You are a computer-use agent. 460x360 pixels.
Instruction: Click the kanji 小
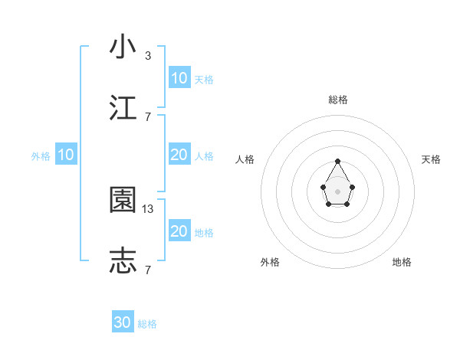click(x=123, y=47)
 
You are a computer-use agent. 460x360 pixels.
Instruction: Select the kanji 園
click(x=123, y=200)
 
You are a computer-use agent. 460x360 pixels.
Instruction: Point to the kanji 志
click(x=123, y=261)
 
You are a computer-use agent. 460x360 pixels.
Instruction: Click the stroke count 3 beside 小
click(x=148, y=55)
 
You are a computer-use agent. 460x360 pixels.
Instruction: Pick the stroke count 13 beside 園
click(x=149, y=208)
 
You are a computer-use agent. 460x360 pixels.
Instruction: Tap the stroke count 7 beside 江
click(x=148, y=116)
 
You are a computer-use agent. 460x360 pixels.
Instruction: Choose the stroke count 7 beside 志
click(x=148, y=270)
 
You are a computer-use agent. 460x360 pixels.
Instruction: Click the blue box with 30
click(x=123, y=322)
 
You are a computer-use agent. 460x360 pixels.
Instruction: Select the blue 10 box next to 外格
click(x=66, y=155)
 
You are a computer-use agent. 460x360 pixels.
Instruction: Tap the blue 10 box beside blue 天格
click(x=179, y=78)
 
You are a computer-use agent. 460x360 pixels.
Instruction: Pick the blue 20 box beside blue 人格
click(x=179, y=155)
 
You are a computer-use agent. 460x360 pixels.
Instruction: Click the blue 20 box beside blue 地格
click(x=179, y=231)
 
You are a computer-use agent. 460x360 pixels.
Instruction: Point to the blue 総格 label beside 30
click(x=147, y=324)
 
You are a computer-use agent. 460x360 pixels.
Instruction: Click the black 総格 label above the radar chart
click(x=337, y=100)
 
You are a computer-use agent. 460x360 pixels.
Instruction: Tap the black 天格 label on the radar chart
click(x=431, y=159)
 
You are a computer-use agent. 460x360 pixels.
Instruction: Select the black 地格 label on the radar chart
click(x=402, y=262)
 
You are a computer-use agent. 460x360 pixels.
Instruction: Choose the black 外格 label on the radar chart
click(x=270, y=262)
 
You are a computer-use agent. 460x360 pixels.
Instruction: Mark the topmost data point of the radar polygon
click(x=337, y=161)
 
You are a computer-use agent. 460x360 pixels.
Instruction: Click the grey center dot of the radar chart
click(x=337, y=191)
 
